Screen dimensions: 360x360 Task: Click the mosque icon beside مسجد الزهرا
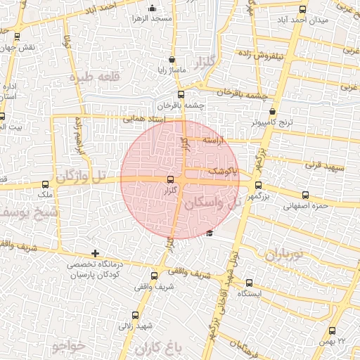(153, 8)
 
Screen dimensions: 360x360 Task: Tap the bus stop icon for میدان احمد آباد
(303, 9)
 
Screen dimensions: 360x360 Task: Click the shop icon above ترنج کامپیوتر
(273, 111)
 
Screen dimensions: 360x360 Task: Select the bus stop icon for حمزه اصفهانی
(304, 195)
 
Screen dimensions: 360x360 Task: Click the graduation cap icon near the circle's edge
(210, 233)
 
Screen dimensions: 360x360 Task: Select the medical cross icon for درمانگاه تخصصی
(95, 253)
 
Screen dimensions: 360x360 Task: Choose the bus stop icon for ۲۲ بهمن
(332, 330)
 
